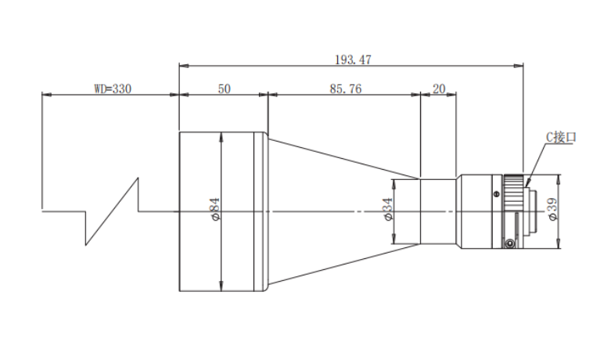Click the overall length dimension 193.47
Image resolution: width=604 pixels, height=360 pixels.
point(353,59)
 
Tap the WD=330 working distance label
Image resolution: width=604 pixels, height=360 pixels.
point(113,89)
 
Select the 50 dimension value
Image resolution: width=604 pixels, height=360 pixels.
point(225,89)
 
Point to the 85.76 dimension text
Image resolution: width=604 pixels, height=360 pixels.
point(346,89)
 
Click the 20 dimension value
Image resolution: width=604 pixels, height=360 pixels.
point(439,89)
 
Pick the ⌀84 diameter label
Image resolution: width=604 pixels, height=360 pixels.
point(215,209)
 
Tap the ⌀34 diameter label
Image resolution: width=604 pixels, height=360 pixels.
point(388,209)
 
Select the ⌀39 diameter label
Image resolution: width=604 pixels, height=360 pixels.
point(552,209)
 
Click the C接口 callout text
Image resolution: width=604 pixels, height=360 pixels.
point(561,137)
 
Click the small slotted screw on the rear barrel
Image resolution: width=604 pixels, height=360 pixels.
point(497,194)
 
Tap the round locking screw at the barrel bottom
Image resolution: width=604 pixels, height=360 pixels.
point(509,243)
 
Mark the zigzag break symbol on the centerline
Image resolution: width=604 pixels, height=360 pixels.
point(112,211)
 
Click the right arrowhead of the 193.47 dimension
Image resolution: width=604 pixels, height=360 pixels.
point(519,66)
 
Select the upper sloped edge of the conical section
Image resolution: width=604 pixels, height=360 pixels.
point(344,158)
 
